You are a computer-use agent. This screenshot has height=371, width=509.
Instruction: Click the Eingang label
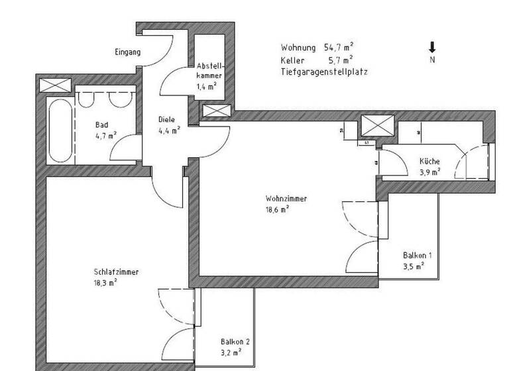coord(127,52)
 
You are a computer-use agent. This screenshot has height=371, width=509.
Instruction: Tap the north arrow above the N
coord(432,47)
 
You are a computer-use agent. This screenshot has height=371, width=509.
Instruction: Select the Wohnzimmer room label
coord(286,198)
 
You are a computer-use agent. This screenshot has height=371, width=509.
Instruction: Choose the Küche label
coord(429,162)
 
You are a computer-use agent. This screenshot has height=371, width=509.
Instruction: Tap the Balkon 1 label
coord(418,255)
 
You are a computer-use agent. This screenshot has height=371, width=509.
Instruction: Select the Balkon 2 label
coord(235,342)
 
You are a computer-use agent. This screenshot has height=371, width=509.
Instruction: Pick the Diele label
coord(166,120)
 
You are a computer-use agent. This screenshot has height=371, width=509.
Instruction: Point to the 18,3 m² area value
coord(106,282)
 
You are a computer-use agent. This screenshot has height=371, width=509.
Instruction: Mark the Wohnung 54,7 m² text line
coord(317,48)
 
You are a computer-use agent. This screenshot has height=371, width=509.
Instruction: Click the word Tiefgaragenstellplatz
coord(323,71)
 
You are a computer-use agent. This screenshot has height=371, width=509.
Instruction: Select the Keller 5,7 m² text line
coord(317,60)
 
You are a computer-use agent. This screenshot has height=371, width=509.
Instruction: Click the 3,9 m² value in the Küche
coord(430,172)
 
